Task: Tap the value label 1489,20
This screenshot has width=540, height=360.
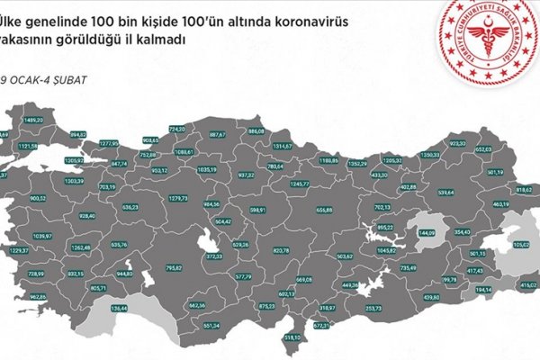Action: coord(34,120)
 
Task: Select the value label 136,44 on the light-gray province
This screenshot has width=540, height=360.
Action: coord(118,309)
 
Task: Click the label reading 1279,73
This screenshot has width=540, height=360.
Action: coord(179,198)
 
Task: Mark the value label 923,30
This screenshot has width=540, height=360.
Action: coord(459,143)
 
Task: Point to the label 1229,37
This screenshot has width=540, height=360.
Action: coord(18,250)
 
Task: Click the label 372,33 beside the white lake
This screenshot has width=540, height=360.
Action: coord(214,256)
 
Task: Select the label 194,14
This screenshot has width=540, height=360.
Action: coord(484,290)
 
